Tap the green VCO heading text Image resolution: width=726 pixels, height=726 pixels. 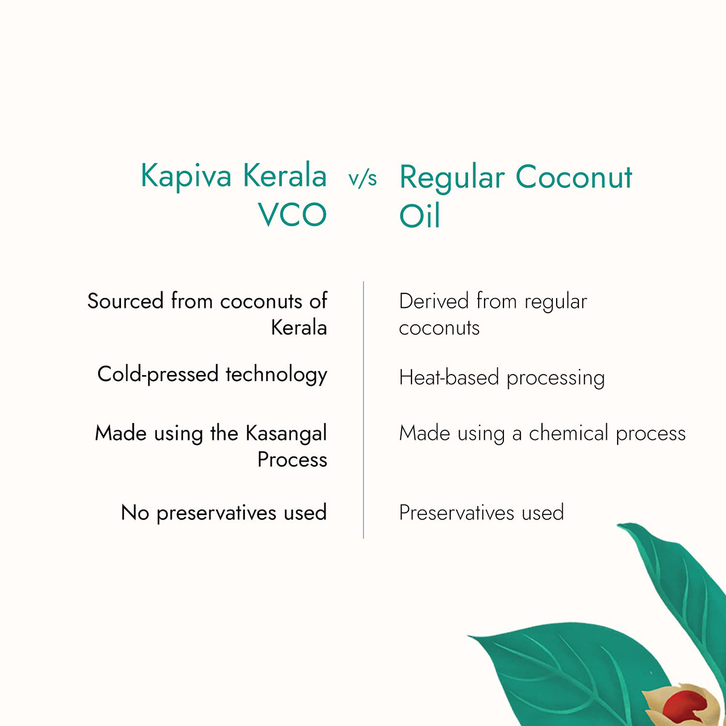[x=292, y=215]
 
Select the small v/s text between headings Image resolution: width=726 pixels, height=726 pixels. [x=362, y=178]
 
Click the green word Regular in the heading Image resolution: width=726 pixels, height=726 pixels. [x=451, y=178]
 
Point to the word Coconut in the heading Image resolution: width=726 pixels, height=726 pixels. [x=574, y=177]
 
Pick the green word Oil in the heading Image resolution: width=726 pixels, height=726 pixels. [x=419, y=216]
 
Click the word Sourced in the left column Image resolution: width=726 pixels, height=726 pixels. [x=125, y=301]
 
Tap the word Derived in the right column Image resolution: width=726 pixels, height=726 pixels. [x=434, y=301]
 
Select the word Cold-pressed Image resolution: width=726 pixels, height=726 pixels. [x=157, y=374]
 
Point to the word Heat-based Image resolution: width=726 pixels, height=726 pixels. [x=449, y=378]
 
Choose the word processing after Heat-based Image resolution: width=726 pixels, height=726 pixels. [x=555, y=378]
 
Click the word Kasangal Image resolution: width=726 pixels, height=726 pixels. [x=286, y=433]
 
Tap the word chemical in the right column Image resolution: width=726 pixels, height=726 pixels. [x=569, y=433]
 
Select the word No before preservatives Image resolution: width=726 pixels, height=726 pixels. [x=134, y=513]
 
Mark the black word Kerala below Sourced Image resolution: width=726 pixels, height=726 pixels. [x=299, y=328]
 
